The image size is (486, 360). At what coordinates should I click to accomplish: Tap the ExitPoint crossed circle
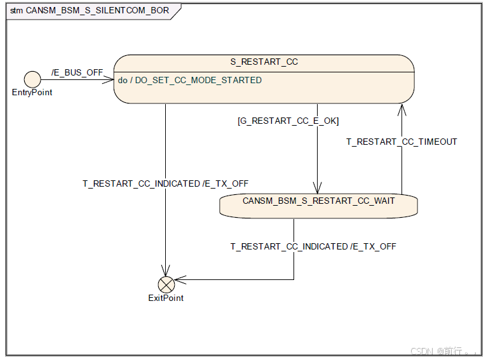pyautogui.click(x=166, y=284)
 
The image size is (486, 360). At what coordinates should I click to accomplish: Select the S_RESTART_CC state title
pyautogui.click(x=264, y=62)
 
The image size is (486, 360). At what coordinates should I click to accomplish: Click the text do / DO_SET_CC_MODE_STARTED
pyautogui.click(x=189, y=81)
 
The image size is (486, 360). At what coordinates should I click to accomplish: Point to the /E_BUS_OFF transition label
pyautogui.click(x=77, y=72)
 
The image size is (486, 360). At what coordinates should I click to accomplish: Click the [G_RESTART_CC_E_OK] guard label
pyautogui.click(x=288, y=121)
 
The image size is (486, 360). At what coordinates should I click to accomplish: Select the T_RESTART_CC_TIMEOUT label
pyautogui.click(x=402, y=142)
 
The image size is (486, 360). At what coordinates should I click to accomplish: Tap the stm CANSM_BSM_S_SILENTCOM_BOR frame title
pyautogui.click(x=90, y=11)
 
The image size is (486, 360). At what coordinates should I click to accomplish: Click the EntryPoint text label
pyautogui.click(x=32, y=93)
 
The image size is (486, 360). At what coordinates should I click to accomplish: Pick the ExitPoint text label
pyautogui.click(x=166, y=298)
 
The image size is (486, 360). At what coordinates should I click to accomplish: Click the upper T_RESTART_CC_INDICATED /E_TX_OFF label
pyautogui.click(x=165, y=183)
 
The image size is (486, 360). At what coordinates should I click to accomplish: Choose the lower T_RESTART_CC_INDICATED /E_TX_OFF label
pyautogui.click(x=313, y=246)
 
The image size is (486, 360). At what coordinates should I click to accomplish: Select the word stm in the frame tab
pyautogui.click(x=17, y=11)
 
